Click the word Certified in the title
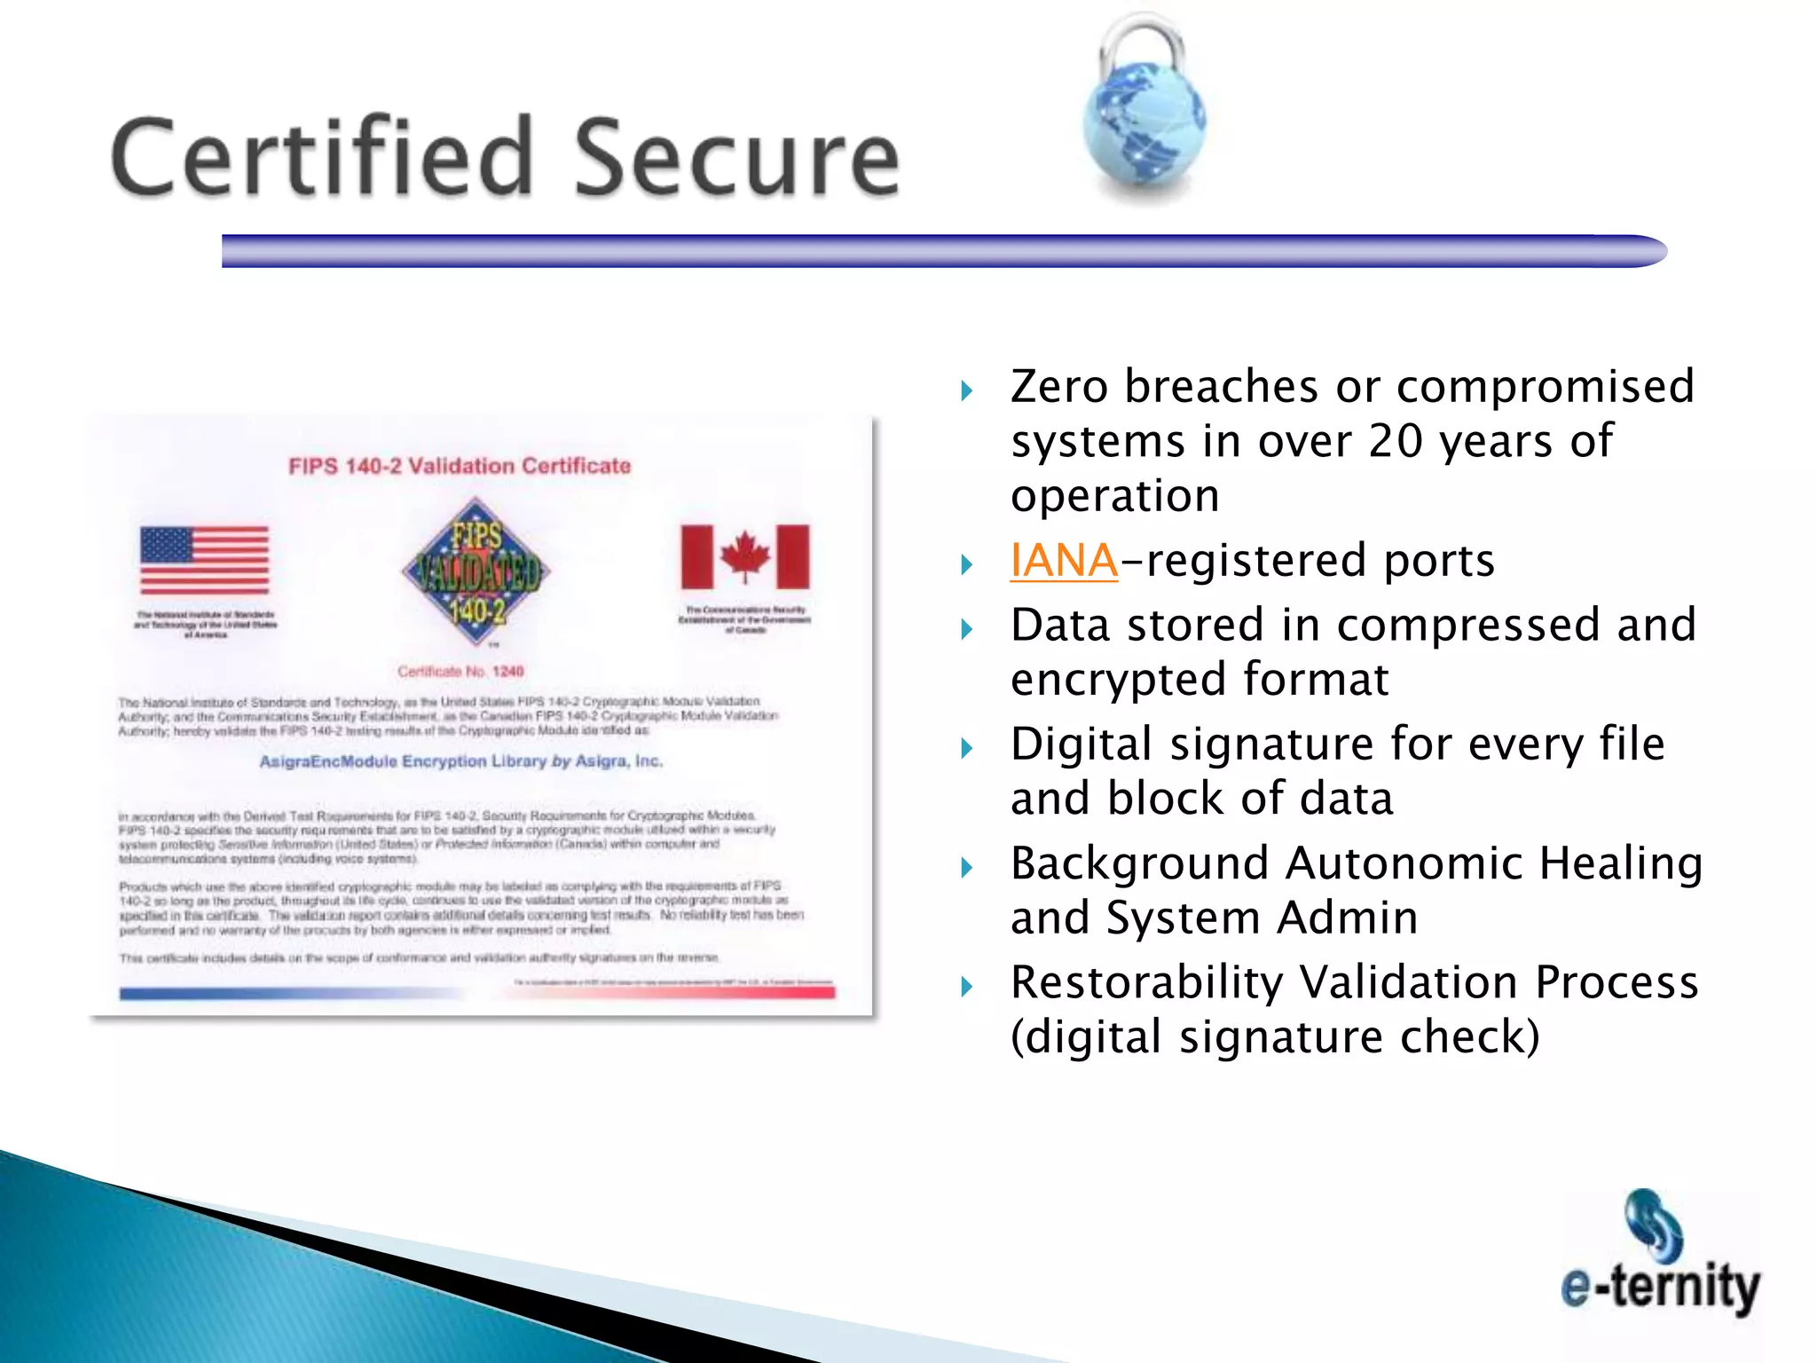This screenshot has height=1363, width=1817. point(321,157)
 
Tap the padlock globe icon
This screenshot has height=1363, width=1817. point(1144,111)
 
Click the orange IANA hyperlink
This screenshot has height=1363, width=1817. point(1064,561)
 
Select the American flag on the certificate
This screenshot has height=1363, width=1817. point(205,560)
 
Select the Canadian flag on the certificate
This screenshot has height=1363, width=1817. point(745,556)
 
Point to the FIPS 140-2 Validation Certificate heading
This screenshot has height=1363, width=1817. point(460,466)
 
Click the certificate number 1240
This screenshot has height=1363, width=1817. point(508,672)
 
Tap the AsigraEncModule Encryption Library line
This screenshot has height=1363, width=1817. point(460,761)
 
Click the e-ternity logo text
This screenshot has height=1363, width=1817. point(1660,1287)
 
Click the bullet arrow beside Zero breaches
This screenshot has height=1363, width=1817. point(967,390)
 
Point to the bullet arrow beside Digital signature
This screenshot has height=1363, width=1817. point(967,749)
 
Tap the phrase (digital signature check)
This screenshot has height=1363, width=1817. point(1275,1037)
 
